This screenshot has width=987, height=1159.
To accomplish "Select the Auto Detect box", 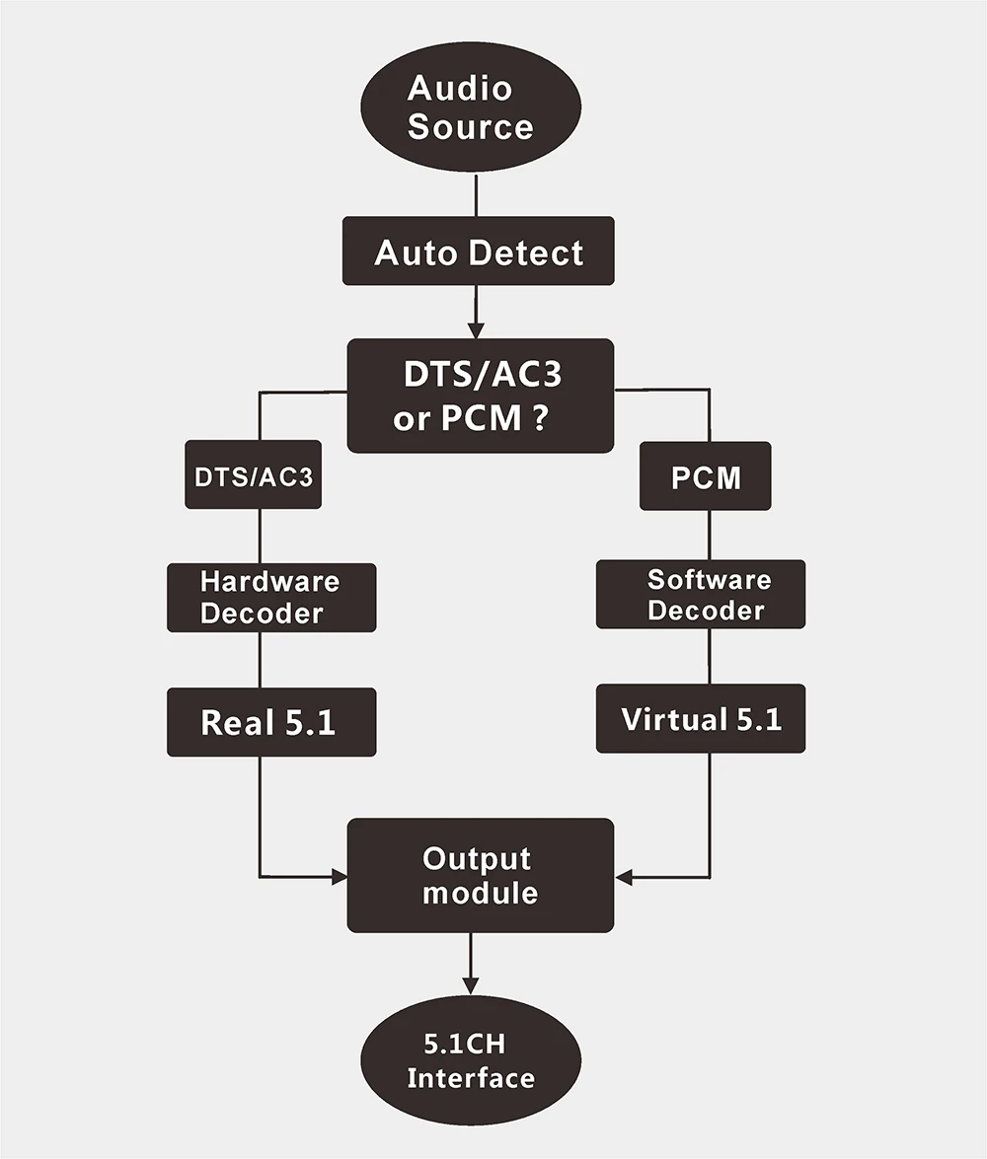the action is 478,251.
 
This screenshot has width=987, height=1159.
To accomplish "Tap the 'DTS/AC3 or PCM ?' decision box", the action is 481,396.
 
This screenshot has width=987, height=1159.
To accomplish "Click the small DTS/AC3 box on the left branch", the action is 253,474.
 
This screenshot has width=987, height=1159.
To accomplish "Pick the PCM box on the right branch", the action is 705,476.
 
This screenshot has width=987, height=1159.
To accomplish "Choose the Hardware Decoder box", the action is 271,597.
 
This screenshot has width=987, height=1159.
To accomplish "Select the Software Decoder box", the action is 701,594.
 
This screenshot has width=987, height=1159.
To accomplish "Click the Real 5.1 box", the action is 271,722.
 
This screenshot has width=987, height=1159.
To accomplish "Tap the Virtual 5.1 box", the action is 701,718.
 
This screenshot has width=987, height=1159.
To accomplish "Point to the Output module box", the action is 481,875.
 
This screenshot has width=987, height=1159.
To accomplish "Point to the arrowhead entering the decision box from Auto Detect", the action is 476,330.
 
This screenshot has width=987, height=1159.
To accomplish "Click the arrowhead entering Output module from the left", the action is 339,877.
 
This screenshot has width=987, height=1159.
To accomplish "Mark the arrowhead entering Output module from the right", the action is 624,878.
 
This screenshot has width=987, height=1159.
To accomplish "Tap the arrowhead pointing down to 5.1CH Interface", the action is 471,986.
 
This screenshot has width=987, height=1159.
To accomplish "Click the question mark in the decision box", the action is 540,417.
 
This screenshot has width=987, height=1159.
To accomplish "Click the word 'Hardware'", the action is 270,582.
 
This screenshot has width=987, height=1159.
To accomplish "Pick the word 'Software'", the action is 709,580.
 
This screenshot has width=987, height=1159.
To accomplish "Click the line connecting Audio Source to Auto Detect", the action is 476,195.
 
